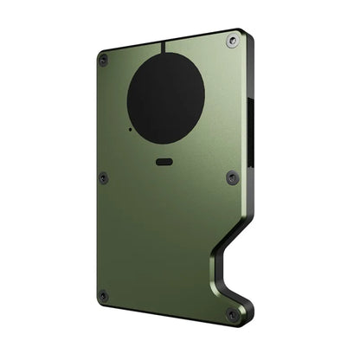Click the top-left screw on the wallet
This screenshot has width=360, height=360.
104,60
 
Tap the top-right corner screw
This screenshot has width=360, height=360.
231,41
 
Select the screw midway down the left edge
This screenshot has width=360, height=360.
104,177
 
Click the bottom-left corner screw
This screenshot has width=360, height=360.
104,295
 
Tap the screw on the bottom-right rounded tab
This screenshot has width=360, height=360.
233,314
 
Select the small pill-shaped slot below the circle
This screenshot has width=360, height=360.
164,161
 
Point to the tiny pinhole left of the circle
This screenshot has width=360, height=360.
130,130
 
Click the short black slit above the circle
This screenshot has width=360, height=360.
161,48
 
